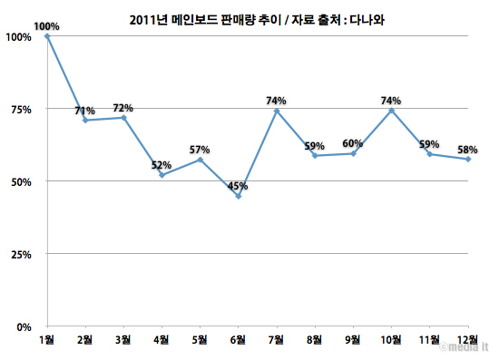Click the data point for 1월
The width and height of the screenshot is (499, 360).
46,36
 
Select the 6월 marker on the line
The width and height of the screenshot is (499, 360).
239,196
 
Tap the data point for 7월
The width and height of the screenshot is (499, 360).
277,111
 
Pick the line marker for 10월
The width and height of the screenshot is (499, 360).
391,111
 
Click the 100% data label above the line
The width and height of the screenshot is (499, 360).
46,26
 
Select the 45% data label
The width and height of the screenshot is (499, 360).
239,186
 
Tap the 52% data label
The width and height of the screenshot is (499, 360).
161,164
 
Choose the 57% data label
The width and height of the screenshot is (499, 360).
200,150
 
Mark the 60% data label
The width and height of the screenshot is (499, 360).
353,142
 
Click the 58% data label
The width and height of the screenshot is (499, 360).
468,149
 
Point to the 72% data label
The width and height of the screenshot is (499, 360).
123,108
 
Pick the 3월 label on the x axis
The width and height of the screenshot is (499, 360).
123,340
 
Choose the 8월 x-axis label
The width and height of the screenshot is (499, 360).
315,340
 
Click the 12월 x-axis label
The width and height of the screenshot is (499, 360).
468,340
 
